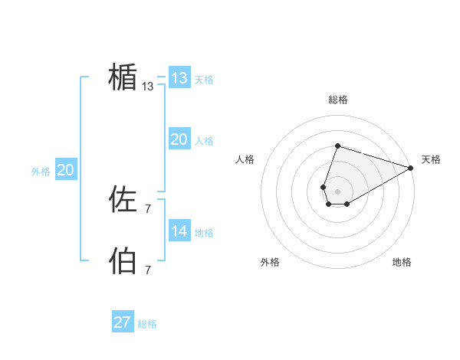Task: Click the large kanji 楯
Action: point(123,77)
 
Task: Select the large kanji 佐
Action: point(123,201)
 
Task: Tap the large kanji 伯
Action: point(123,260)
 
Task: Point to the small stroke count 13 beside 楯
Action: point(148,87)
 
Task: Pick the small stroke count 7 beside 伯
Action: point(148,270)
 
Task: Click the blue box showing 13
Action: point(179,78)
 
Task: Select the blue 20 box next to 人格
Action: point(179,139)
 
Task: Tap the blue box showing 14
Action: point(179,231)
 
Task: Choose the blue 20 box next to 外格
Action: point(65,170)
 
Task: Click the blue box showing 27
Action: point(123,322)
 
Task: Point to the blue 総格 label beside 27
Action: point(147,324)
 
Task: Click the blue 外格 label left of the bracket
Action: point(41,172)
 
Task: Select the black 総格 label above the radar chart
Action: point(338,100)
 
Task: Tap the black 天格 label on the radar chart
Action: point(431,159)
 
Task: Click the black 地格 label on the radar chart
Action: point(402,262)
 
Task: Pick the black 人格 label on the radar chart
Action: point(245,159)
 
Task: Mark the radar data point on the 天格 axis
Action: point(411,168)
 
